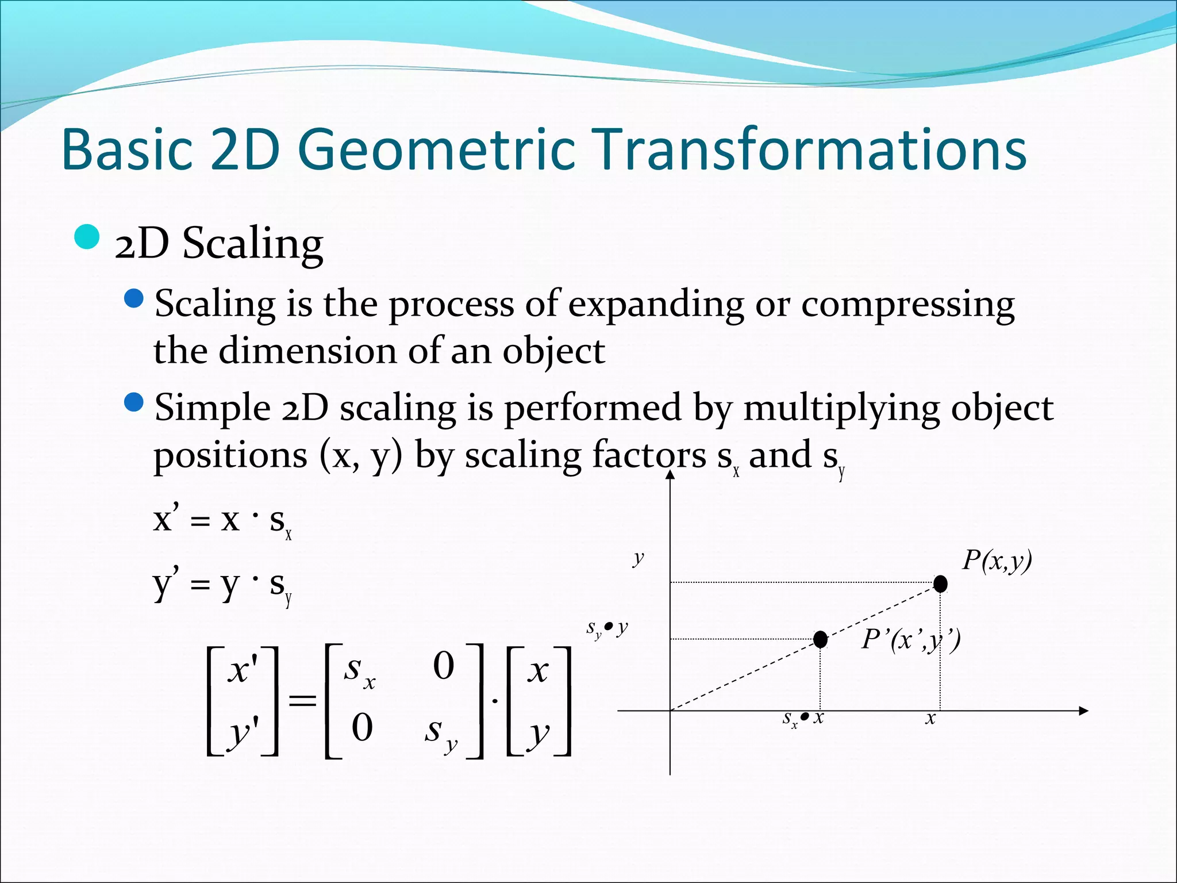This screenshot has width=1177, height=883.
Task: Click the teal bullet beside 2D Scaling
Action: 87,237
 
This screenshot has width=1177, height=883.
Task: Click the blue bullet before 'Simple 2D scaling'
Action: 133,402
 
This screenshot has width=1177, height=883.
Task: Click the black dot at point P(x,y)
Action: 940,584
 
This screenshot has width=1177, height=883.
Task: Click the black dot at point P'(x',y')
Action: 820,639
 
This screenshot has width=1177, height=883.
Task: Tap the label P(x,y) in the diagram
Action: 997,560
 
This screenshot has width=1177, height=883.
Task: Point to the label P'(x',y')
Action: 911,639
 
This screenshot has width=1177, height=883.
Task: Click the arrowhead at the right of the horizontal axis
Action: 1083,711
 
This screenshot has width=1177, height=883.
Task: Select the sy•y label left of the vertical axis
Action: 607,628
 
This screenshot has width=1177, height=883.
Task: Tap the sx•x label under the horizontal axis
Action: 803,719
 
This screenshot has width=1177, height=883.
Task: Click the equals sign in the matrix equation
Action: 302,700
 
